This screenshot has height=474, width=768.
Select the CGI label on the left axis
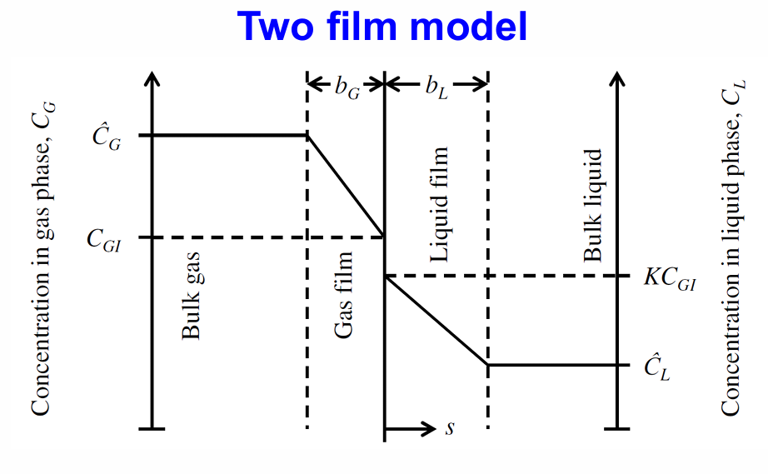(x=105, y=238)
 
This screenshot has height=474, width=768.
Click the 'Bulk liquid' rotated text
(x=591, y=206)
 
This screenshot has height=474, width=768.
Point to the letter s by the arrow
(x=450, y=429)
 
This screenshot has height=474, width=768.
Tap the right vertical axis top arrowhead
(x=616, y=79)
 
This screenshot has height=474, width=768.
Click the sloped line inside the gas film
(x=346, y=186)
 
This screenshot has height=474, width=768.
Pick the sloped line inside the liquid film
(x=435, y=321)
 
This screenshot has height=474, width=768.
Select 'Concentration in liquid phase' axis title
(x=730, y=250)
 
